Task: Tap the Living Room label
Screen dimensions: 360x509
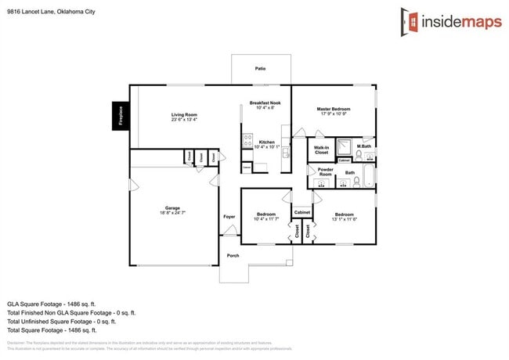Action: pos(184,115)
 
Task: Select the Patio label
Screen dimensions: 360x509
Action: pos(260,69)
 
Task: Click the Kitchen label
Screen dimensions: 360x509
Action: pos(266,142)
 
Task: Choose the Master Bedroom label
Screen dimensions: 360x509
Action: pos(334,109)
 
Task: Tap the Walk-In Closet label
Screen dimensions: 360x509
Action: pos(321,149)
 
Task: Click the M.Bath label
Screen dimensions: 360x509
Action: pos(364,146)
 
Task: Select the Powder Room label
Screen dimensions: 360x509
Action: pos(326,172)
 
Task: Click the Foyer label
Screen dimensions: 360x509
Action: pos(229,216)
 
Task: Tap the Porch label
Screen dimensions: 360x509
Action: pos(233,255)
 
